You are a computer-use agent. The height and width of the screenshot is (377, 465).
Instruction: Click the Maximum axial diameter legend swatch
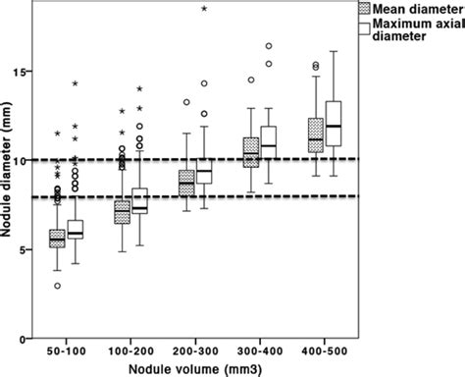[361, 30]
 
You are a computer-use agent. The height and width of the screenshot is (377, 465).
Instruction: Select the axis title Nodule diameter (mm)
[9, 196]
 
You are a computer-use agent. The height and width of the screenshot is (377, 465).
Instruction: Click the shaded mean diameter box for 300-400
[250, 153]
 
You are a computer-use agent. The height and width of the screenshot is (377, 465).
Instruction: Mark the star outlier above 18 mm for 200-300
[204, 8]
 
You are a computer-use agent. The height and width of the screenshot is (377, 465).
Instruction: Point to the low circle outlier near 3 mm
[58, 286]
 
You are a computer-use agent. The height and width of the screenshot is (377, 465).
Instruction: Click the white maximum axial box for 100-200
[139, 201]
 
